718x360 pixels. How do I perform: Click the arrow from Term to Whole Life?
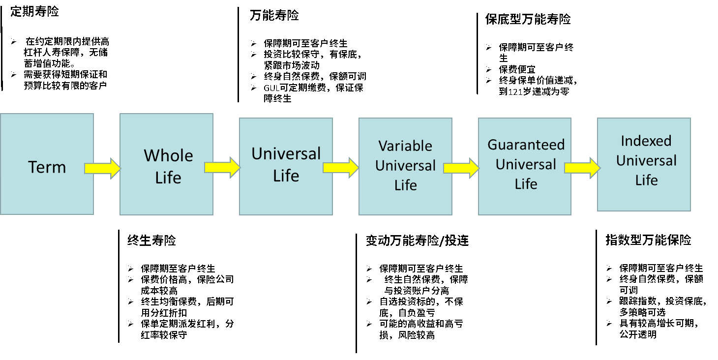tap(102, 168)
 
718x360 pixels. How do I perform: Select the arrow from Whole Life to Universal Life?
tap(222, 167)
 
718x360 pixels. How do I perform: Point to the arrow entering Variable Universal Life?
tap(341, 168)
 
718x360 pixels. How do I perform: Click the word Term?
tap(47, 167)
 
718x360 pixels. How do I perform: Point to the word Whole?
tap(168, 156)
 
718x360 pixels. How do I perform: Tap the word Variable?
tap(405, 146)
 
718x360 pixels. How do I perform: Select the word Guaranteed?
tap(526, 145)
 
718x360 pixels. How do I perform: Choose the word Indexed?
tap(646, 141)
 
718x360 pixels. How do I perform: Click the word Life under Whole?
tap(168, 178)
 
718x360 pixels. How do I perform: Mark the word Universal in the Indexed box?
tap(646, 161)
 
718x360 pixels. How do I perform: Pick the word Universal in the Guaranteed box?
tap(526, 164)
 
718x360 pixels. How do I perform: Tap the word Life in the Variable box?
tap(406, 185)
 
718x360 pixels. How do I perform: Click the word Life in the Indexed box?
tap(646, 180)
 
